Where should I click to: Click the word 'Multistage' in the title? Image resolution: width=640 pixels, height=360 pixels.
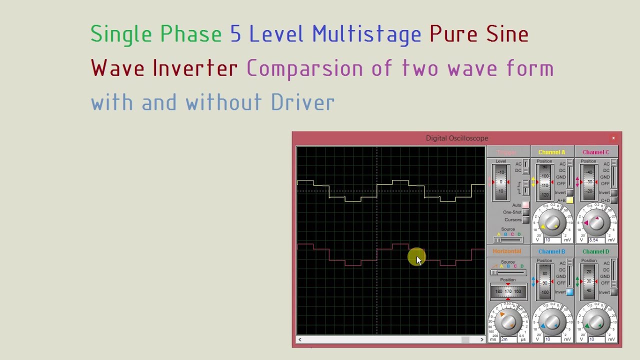(366, 34)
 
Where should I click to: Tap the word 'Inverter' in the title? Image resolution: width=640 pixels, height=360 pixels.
(195, 68)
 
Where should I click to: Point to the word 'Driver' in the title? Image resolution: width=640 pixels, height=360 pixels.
(302, 102)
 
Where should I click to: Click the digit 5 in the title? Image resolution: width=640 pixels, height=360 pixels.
(235, 34)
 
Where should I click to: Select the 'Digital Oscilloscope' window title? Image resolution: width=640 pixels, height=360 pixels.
(456, 138)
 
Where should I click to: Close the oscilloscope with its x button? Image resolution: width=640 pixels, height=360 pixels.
(613, 138)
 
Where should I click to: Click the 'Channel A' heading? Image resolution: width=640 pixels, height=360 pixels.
(551, 152)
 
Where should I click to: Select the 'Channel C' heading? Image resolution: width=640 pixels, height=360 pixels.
(595, 152)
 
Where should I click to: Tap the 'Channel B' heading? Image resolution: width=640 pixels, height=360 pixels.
(551, 251)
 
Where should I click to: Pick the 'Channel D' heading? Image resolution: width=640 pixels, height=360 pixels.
(595, 251)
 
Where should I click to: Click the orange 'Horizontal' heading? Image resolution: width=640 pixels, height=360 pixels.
(507, 251)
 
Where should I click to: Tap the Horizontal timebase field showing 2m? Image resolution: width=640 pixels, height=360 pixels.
(505, 339)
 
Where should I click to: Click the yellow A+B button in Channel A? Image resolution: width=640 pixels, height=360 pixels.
(569, 200)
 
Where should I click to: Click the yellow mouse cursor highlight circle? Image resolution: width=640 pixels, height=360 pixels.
(416, 257)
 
